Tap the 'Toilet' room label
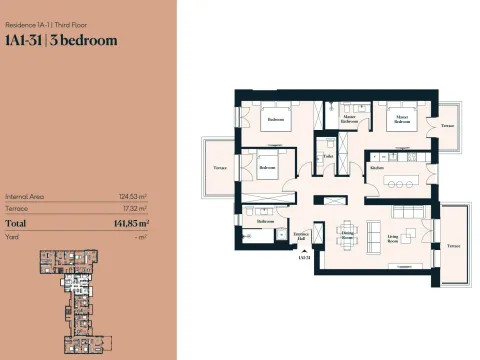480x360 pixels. (328, 156)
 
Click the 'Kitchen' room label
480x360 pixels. (377, 167)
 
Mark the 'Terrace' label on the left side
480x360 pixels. (219, 168)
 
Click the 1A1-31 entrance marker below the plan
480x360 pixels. (303, 257)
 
